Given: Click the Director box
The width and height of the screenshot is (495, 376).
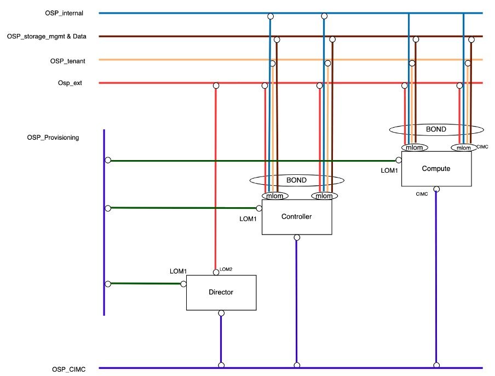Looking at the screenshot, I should point(221,292).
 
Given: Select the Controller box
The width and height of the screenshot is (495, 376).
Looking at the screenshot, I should point(296,217).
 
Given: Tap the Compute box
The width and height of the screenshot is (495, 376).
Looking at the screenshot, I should point(436,169).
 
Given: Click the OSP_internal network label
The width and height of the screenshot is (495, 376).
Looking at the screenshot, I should point(64,13).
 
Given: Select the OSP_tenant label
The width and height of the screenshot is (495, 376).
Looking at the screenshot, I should point(67,60).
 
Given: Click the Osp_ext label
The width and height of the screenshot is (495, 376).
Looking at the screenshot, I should point(70,83).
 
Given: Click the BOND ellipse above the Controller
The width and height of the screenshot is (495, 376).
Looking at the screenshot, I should point(296,180).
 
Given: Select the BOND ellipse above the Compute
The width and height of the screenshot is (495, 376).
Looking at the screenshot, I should point(436,130).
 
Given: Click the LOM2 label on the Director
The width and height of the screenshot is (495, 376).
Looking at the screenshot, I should point(226,269).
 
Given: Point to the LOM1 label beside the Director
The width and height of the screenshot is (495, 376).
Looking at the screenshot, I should point(178,271).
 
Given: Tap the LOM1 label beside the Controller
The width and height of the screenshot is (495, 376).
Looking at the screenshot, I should point(248,219).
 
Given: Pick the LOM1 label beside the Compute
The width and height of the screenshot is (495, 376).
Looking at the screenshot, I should point(389,171).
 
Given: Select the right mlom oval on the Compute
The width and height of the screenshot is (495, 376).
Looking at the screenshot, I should point(463,147).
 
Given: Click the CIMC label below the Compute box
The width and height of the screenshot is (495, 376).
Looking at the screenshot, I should point(422,193).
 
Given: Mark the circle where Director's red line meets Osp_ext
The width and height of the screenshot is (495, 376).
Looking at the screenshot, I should point(216,86).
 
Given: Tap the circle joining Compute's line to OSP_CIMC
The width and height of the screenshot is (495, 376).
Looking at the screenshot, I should point(436,364).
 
